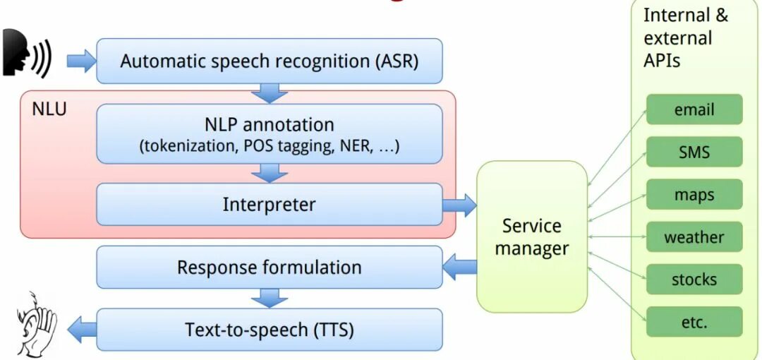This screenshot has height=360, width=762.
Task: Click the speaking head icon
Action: click(x=25, y=54)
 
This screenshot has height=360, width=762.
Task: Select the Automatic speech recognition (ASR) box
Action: click(x=269, y=61)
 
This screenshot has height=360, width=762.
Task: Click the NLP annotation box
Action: click(x=269, y=134)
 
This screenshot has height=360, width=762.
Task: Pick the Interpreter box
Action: click(x=269, y=205)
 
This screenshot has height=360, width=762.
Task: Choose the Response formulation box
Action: click(x=269, y=268)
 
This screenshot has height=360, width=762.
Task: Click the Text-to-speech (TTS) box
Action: click(x=269, y=330)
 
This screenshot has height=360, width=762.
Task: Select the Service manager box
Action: click(x=532, y=236)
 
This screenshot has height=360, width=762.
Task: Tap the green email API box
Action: click(x=694, y=109)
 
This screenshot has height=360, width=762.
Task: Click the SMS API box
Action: click(x=694, y=152)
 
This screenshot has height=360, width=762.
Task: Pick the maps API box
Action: click(x=694, y=194)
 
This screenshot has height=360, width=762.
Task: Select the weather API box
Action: click(x=694, y=237)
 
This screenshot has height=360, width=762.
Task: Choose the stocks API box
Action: click(x=694, y=280)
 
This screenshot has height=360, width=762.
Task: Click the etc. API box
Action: click(x=694, y=322)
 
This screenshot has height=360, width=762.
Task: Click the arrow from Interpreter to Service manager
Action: click(x=459, y=205)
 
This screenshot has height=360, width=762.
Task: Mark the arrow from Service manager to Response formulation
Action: click(x=459, y=268)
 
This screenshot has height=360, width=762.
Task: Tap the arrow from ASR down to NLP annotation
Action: click(x=269, y=93)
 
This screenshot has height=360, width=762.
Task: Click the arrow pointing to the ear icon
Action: click(x=81, y=329)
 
